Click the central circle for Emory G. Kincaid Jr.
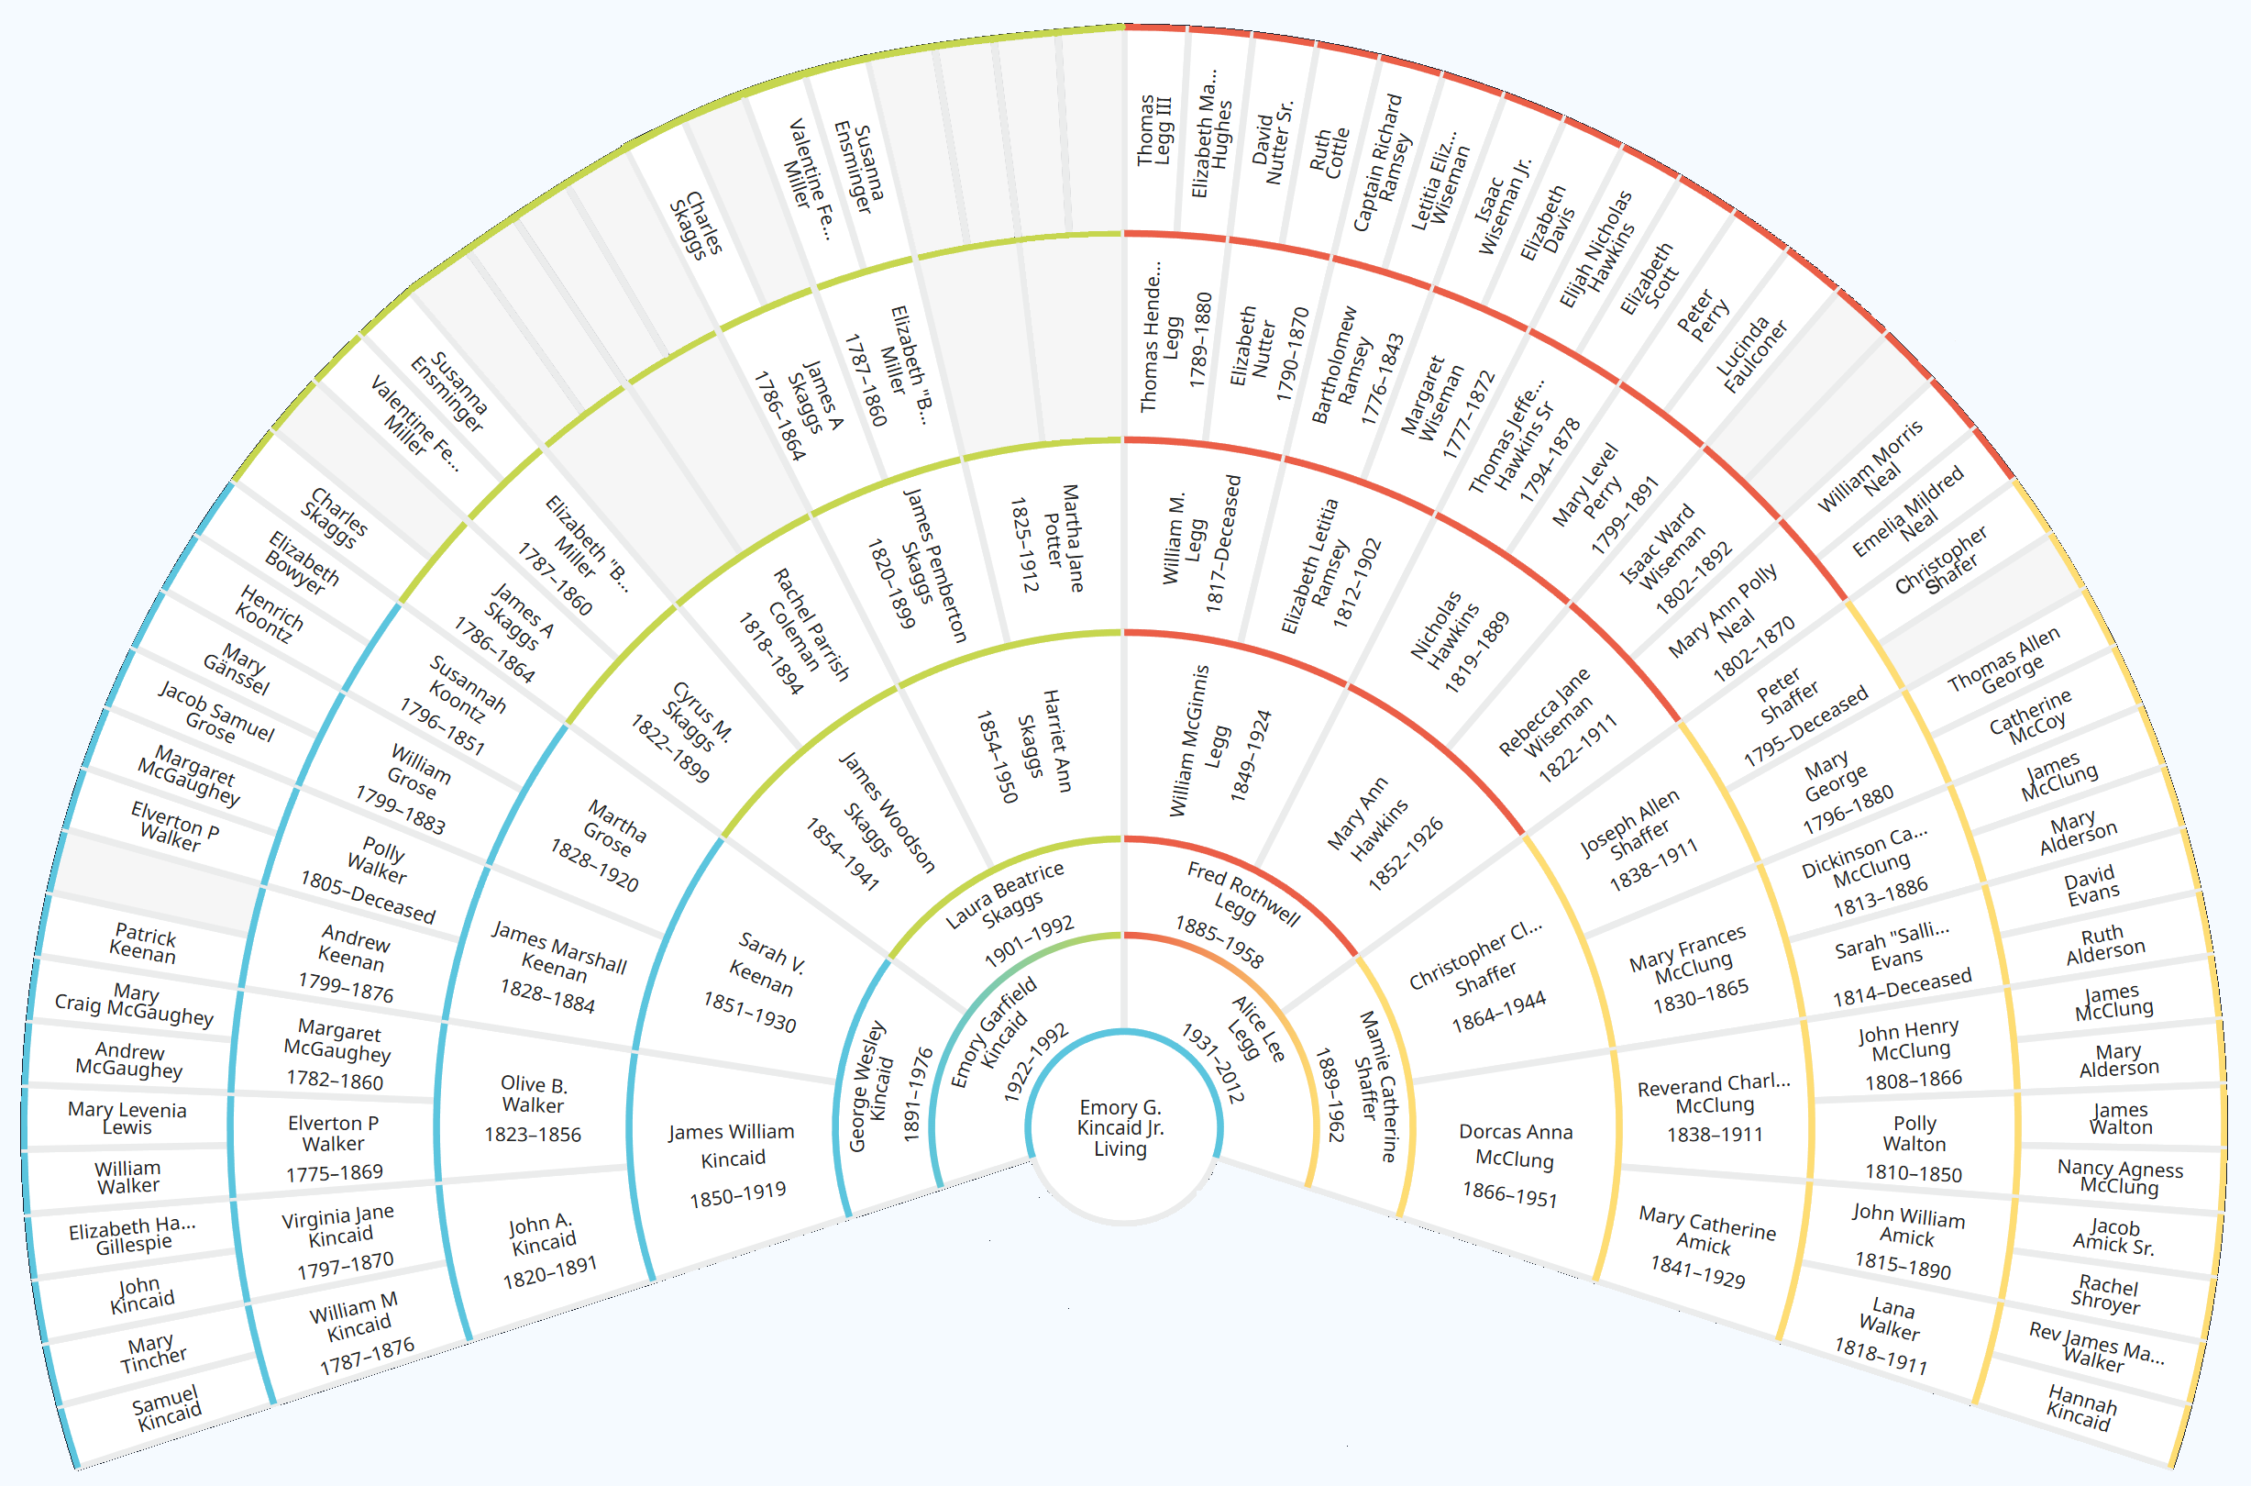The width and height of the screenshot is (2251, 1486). click(x=1122, y=1126)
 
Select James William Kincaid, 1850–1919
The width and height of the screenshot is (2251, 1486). click(x=734, y=1163)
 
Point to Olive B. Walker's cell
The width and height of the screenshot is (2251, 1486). click(x=535, y=1108)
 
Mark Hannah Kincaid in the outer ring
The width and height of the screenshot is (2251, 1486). click(x=2080, y=1406)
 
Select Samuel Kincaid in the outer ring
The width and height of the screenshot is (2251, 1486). click(x=167, y=1408)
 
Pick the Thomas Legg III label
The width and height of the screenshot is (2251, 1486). click(x=1153, y=130)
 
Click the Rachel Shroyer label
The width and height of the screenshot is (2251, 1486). click(x=2106, y=1294)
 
